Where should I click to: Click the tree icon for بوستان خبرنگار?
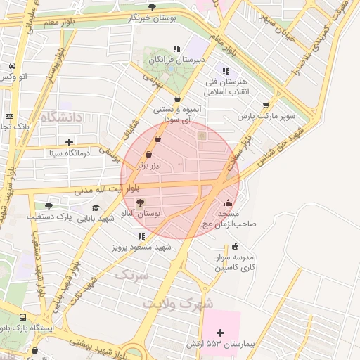click(x=151, y=7)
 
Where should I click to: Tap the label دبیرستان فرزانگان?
click(x=181, y=60)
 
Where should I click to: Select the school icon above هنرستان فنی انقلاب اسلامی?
click(x=225, y=71)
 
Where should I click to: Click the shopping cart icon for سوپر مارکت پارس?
click(x=265, y=105)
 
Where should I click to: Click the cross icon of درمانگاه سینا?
click(x=69, y=142)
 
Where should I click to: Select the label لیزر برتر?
click(x=148, y=165)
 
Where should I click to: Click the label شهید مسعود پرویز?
click(x=141, y=247)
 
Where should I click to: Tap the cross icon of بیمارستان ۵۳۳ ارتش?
click(x=221, y=332)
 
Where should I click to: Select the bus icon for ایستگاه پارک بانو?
click(x=24, y=318)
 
